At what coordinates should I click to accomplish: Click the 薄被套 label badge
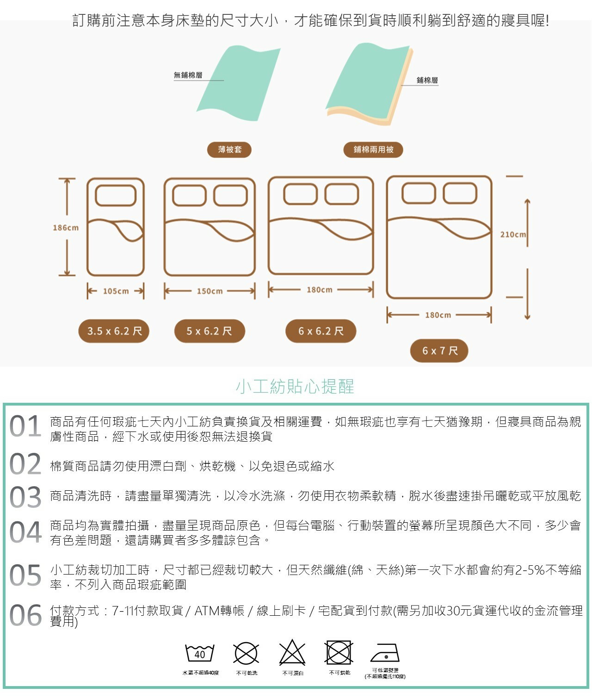(229, 150)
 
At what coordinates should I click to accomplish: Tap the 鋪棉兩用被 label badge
(373, 150)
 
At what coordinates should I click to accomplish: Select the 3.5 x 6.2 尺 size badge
(114, 331)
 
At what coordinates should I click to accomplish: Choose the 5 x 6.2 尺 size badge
(209, 331)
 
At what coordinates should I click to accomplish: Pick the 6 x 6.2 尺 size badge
(321, 331)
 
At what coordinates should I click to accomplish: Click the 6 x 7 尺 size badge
(439, 350)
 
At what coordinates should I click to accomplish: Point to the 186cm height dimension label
(66, 228)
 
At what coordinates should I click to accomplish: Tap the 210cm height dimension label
(513, 234)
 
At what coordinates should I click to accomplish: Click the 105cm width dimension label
(116, 291)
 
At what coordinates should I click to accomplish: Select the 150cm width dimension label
(210, 291)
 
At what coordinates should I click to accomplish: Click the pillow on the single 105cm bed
(116, 195)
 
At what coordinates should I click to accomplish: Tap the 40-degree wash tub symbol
(200, 653)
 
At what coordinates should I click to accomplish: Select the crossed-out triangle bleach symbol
(292, 653)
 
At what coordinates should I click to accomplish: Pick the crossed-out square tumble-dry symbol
(339, 653)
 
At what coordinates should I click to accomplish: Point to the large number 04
(25, 532)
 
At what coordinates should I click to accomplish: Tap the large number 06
(25, 616)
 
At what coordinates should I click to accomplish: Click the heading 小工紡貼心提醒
(295, 386)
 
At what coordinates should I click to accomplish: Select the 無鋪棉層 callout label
(188, 75)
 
